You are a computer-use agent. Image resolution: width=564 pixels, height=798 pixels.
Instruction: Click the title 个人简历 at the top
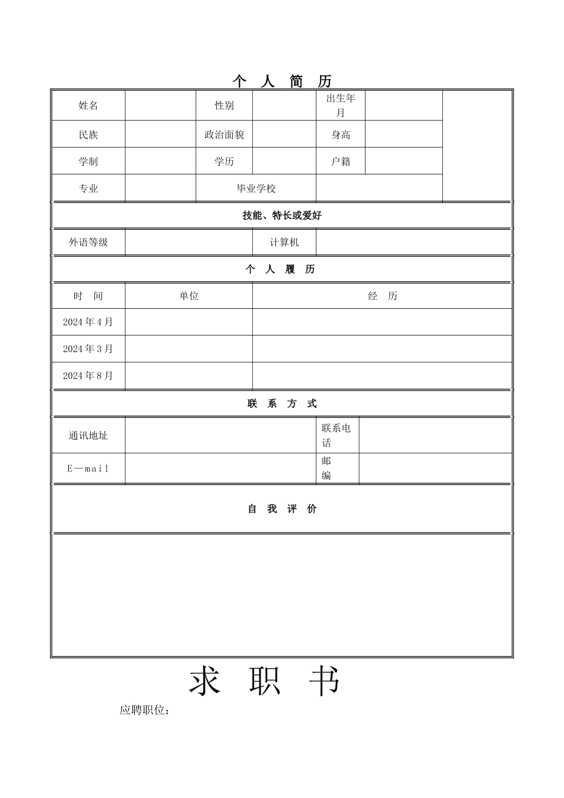pos(281,81)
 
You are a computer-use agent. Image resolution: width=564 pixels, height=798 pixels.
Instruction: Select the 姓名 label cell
pos(88,106)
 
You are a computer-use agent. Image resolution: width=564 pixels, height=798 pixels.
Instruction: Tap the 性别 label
pos(224,106)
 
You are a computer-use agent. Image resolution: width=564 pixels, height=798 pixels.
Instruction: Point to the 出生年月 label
pos(340,106)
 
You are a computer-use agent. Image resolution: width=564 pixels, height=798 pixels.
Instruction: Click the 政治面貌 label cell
pos(224,135)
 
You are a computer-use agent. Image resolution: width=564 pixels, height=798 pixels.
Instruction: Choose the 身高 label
pos(340,135)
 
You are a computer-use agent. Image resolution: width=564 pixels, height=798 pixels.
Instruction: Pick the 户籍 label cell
pos(340,161)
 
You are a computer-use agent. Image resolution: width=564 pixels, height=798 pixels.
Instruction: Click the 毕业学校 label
pos(256,189)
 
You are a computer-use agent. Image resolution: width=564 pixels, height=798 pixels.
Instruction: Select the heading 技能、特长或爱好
pos(281,216)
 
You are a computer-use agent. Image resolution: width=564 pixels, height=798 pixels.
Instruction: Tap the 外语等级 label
pos(88,242)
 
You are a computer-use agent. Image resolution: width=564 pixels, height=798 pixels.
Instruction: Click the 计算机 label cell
pos(284,242)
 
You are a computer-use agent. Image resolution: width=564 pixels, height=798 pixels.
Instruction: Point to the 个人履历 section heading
pos(281,270)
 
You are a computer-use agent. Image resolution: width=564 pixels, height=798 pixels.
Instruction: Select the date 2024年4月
pos(88,322)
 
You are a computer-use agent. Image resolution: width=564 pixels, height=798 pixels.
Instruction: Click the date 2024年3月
pos(88,349)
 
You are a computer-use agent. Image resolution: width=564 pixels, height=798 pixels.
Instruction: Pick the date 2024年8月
pos(88,375)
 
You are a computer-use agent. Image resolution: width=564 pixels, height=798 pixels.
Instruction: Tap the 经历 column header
pos(382,296)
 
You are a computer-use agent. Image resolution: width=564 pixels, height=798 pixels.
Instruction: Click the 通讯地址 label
pos(88,436)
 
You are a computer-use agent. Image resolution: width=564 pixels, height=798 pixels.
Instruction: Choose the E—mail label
pos(88,468)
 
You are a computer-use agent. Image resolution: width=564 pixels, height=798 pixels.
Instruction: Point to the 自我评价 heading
pos(281,509)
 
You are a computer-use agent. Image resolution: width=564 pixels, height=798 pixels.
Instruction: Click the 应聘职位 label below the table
pos(145,710)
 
